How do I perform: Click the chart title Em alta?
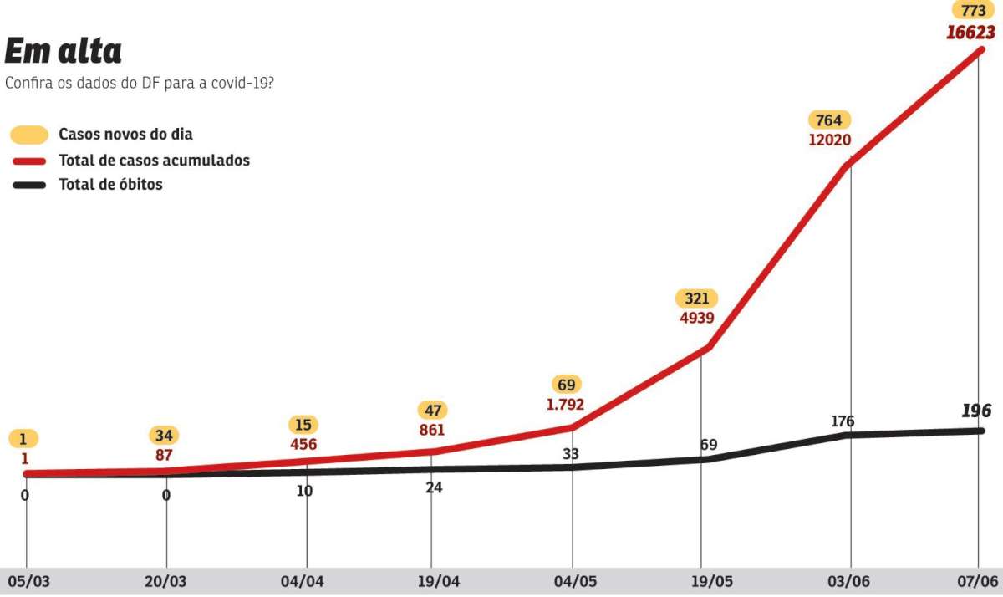pos(64,51)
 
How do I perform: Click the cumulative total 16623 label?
pos(971,33)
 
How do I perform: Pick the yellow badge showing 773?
pos(972,11)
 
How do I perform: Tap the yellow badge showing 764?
pos(829,120)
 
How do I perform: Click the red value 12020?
pos(829,140)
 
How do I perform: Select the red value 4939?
pos(695,318)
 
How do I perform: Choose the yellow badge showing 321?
pos(695,298)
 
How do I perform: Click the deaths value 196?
pos(976,411)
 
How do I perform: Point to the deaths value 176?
pos(843,421)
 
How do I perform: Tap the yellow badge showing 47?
pos(432,410)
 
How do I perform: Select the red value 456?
pos(303,445)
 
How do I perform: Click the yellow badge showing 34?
pos(164,435)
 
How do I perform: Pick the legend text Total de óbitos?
pos(110,185)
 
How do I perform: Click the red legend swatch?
pos(28,161)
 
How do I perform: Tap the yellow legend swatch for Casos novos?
pos(28,135)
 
